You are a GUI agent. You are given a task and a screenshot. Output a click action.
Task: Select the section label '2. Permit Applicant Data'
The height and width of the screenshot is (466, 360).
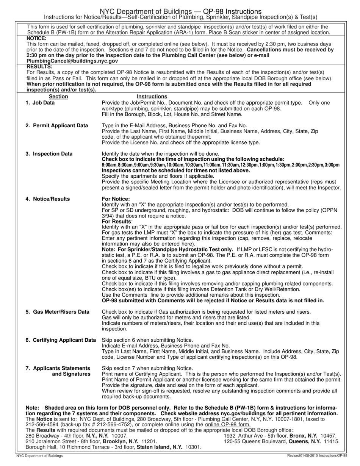point(56,125)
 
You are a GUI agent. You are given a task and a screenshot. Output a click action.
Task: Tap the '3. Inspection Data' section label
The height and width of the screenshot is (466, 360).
point(49,154)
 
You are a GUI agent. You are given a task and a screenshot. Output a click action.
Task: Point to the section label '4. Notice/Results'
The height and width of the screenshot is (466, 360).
point(47,199)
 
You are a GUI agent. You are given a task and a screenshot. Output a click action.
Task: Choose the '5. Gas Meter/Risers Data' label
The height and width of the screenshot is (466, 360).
point(57,312)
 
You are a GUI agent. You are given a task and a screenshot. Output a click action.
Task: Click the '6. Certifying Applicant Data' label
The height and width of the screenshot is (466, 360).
point(61,340)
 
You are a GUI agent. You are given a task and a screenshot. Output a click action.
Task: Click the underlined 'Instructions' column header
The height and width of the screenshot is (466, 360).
point(152,97)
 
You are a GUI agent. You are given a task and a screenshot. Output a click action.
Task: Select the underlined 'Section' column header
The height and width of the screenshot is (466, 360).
point(59,97)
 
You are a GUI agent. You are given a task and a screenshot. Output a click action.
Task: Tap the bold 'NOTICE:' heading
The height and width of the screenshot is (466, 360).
point(36,38)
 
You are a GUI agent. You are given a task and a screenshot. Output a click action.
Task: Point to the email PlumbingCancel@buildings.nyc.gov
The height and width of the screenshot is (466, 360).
point(72,61)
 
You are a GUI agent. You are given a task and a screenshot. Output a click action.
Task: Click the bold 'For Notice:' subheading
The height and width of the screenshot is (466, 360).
point(116,199)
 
